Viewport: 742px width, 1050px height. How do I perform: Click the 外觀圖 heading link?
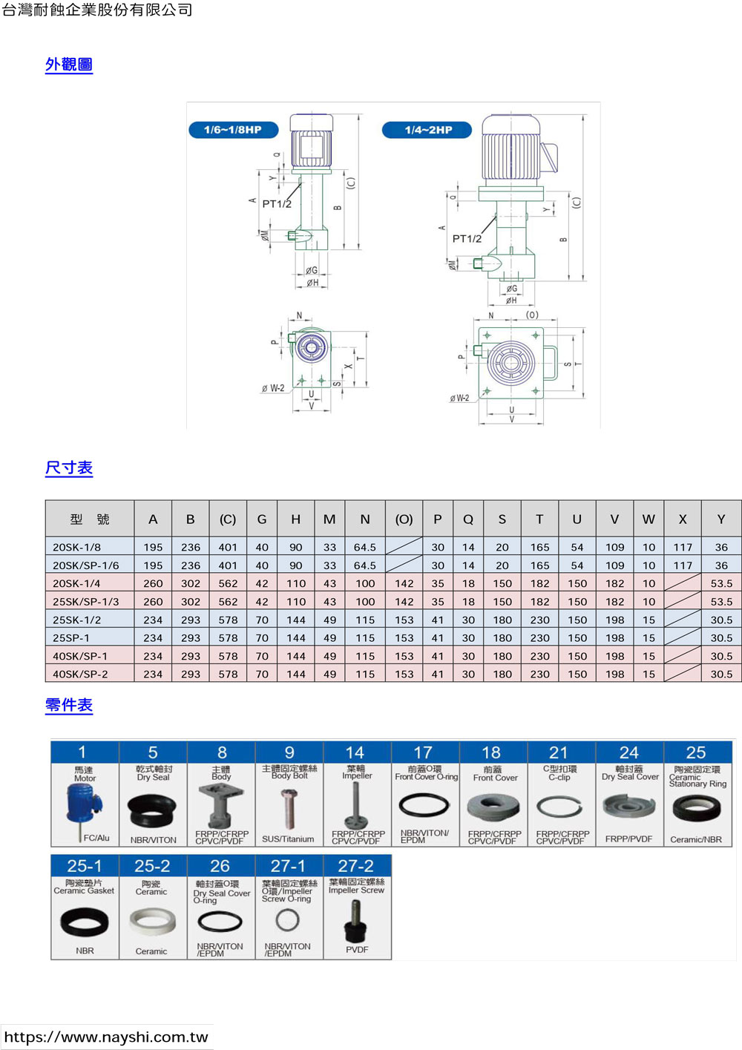(69, 65)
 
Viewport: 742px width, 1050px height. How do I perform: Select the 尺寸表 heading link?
(69, 468)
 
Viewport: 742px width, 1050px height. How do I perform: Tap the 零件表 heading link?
(69, 705)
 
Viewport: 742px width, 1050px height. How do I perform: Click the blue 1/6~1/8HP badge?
(233, 130)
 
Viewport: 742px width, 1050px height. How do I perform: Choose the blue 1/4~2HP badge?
(428, 130)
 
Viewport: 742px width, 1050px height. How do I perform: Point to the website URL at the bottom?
(106, 1037)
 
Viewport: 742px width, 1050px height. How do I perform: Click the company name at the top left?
(97, 10)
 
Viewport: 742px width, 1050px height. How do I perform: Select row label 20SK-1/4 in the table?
(76, 583)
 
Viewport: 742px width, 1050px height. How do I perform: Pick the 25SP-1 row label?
(71, 638)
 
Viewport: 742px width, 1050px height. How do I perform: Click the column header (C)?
(228, 519)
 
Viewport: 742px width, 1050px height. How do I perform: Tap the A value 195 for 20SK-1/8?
(153, 547)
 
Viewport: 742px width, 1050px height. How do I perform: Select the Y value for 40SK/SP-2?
(721, 675)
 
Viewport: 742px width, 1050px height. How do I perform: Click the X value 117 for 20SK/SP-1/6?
(683, 565)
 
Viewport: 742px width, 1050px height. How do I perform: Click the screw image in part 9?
(289, 808)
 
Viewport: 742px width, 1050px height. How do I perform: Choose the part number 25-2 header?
(152, 866)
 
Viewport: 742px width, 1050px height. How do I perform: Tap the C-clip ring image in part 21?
(559, 807)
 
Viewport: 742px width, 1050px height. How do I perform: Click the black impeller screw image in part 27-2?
(356, 923)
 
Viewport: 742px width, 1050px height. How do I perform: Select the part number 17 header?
(423, 752)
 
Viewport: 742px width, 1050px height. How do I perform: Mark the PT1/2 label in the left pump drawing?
(277, 204)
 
